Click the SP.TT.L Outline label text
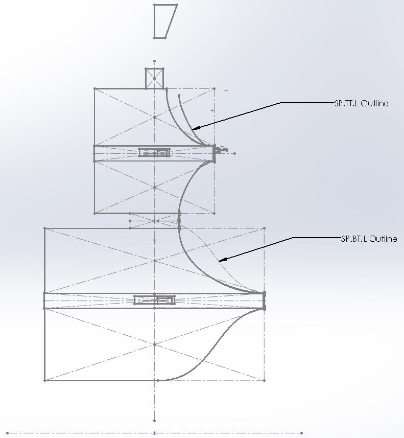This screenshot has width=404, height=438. tap(361, 103)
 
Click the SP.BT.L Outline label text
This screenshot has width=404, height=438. tap(369, 239)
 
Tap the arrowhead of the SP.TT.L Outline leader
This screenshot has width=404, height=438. tap(195, 128)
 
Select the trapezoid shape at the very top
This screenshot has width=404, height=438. tap(164, 21)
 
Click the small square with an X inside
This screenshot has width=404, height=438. tap(155, 78)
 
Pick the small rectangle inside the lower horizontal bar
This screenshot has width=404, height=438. tap(154, 300)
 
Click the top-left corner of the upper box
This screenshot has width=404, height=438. tap(95, 89)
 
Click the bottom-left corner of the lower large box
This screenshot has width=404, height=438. tap(45, 380)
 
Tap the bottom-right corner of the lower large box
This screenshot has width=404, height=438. tap(264, 380)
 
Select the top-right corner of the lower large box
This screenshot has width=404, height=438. tap(264, 228)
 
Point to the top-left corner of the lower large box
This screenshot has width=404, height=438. tap(45, 228)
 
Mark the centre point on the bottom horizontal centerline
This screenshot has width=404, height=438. tap(155, 433)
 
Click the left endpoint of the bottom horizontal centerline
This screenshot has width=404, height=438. tap(6, 433)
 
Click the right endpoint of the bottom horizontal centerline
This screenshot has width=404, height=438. tap(302, 433)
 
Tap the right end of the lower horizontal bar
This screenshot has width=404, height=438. tap(264, 301)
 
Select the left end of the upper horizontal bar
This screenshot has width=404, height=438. tap(95, 153)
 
